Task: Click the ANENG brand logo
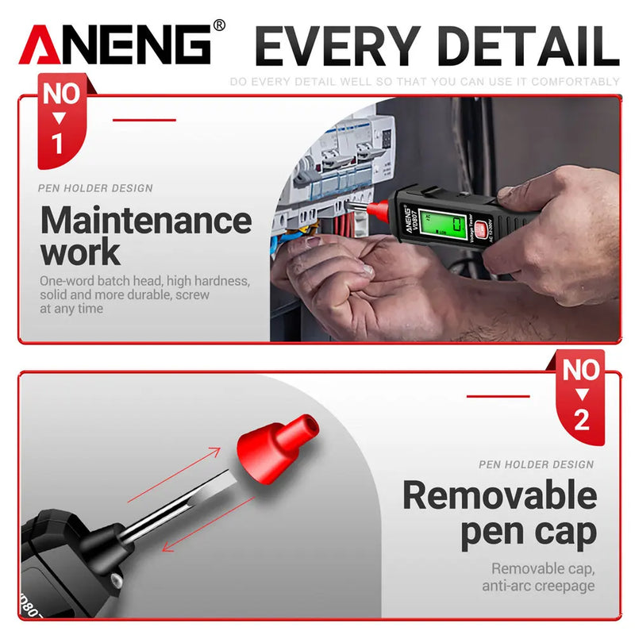coord(115,45)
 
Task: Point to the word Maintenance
coord(145,220)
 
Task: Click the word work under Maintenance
coord(80,252)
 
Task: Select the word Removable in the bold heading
coord(499,495)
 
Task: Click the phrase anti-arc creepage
coord(538,586)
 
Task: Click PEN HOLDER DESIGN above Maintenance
coord(95,188)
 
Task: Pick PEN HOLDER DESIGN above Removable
coord(536,464)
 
